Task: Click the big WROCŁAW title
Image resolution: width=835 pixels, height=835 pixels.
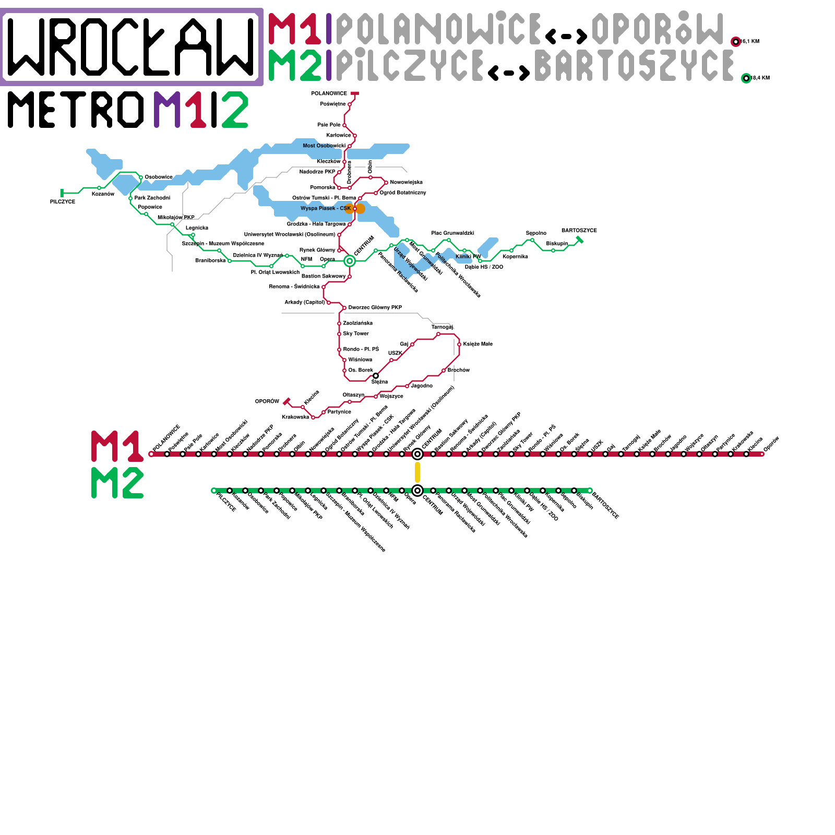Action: pyautogui.click(x=132, y=46)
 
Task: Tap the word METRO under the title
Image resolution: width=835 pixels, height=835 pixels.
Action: pyautogui.click(x=76, y=110)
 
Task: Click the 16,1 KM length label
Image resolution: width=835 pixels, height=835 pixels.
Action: pyautogui.click(x=750, y=42)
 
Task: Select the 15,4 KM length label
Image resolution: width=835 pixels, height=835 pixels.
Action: pyautogui.click(x=760, y=78)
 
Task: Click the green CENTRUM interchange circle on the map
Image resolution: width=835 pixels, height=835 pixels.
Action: pyautogui.click(x=350, y=261)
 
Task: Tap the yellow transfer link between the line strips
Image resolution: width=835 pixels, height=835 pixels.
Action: pyautogui.click(x=417, y=472)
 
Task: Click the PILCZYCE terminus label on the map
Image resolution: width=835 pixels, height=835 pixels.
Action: pyautogui.click(x=63, y=201)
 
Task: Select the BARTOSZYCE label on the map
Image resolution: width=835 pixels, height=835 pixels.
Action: pyautogui.click(x=579, y=230)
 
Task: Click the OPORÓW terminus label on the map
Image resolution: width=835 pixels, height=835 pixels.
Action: pyautogui.click(x=267, y=401)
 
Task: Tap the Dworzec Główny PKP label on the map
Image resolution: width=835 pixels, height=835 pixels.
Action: pyautogui.click(x=375, y=307)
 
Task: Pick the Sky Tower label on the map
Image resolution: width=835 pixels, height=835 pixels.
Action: pyautogui.click(x=356, y=333)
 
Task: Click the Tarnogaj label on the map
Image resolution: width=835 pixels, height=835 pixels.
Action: pyautogui.click(x=442, y=327)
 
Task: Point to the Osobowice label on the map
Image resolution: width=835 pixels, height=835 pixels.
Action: pyautogui.click(x=159, y=177)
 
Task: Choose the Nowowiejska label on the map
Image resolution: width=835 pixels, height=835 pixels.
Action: pyautogui.click(x=406, y=182)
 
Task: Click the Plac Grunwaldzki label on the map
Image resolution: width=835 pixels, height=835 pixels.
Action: pyautogui.click(x=452, y=233)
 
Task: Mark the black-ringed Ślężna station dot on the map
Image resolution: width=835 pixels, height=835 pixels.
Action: pyautogui.click(x=376, y=376)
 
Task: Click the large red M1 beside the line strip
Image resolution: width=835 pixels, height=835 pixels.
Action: pyautogui.click(x=117, y=446)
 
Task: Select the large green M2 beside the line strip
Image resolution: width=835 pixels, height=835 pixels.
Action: pyautogui.click(x=117, y=483)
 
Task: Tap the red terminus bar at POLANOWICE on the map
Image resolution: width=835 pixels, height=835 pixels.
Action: pyautogui.click(x=355, y=94)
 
